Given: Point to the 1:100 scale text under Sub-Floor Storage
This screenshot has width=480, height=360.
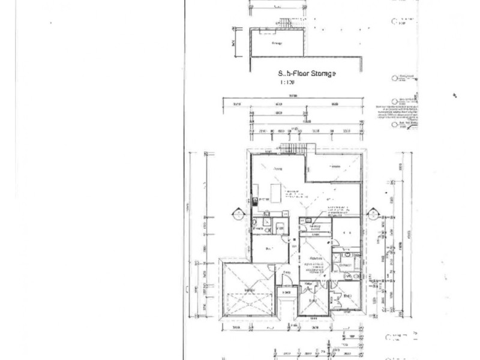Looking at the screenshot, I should pyautogui.click(x=286, y=82).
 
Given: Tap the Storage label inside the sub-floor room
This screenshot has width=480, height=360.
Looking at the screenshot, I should pyautogui.click(x=277, y=44).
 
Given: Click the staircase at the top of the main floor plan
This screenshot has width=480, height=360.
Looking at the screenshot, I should pyautogui.click(x=294, y=149).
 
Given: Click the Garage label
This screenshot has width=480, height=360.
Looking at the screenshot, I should pyautogui.click(x=248, y=292).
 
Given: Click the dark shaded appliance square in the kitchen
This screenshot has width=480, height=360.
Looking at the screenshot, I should pyautogui.click(x=254, y=200).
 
